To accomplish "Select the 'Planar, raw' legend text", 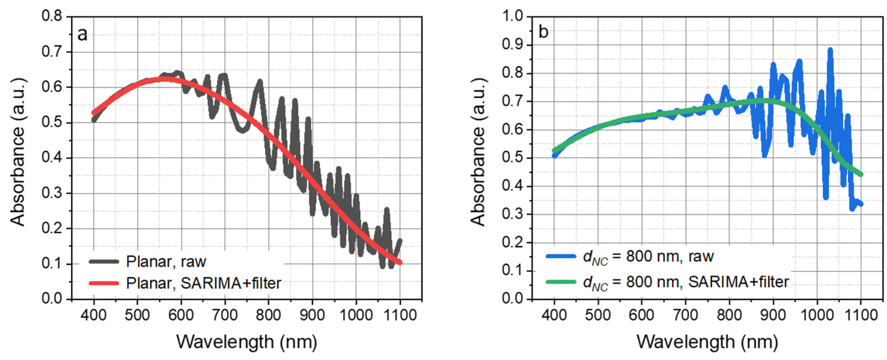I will point(166,262).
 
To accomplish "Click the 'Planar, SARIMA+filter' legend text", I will point(203,283).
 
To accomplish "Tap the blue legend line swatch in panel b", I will point(561,256).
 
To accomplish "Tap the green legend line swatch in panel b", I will point(561,282).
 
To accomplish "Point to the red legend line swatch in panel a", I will point(104,283).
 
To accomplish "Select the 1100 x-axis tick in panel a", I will point(400,315).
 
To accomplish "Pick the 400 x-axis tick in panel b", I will point(554,315).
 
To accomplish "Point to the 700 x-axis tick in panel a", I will point(225,315).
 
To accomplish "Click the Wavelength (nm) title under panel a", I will point(246,342).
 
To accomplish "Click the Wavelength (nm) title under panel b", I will point(707,342).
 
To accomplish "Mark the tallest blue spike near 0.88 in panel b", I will point(830,51).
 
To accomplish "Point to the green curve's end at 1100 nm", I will point(861,174).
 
